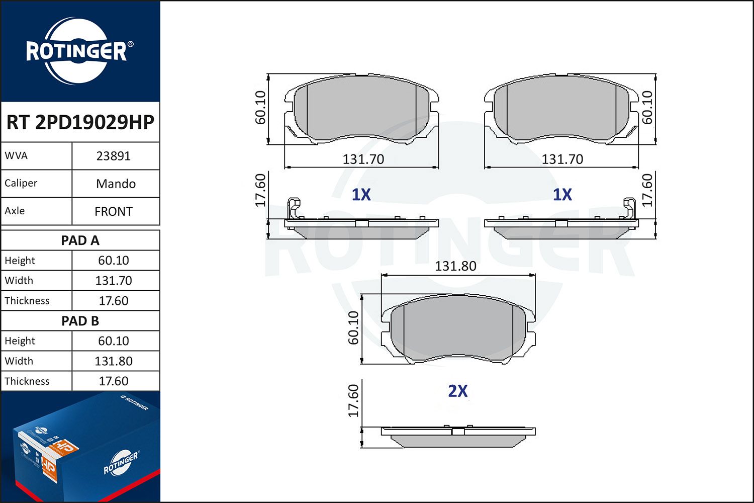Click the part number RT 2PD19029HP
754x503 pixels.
pos(80,122)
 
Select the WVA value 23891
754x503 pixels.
pos(114,156)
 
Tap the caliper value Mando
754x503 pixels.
pos(116,184)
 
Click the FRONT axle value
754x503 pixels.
pos(114,212)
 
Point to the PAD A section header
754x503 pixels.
pos(80,240)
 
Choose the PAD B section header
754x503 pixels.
pos(80,321)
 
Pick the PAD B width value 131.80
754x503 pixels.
pos(114,361)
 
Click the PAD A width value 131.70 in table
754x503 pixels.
pos(114,281)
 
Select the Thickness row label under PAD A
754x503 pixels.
pos(27,300)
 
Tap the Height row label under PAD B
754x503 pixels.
pos(20,341)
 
